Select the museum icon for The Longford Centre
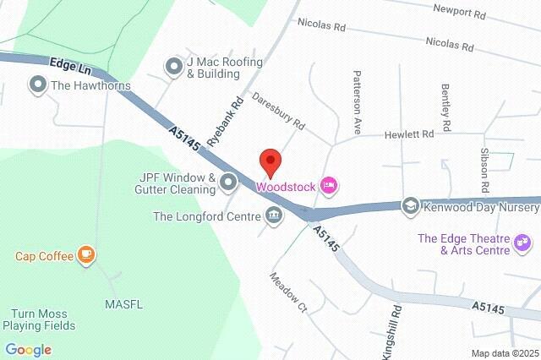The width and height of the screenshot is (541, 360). [274, 216]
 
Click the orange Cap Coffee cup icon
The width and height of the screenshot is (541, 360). [85, 254]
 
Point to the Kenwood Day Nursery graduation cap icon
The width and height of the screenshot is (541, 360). [410, 206]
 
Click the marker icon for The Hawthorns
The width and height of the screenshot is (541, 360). [37, 85]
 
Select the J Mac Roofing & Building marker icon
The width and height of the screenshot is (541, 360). [174, 66]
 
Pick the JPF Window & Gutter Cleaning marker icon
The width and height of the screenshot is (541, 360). [229, 182]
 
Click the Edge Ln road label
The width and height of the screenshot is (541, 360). [69, 64]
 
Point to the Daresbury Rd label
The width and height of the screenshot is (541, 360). [277, 112]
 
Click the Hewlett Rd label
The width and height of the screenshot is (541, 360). [409, 134]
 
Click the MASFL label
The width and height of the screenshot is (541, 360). [123, 303]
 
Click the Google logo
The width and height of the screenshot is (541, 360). [28, 349]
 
